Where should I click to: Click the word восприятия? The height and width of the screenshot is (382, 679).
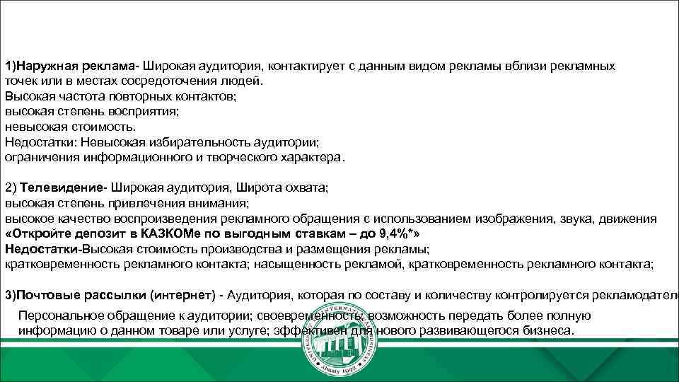[141, 111]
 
